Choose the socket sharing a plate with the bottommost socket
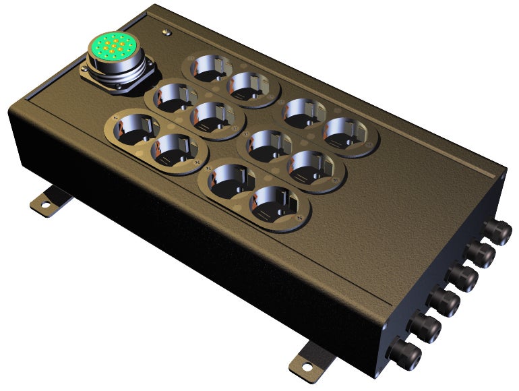(x=231, y=181)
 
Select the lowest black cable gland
(x=408, y=353)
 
